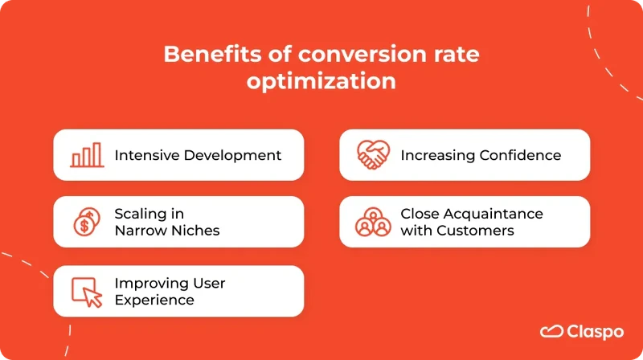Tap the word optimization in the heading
pos(321,82)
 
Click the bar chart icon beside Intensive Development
pos(87,155)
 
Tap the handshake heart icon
pos(373,155)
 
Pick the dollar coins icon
pos(87,222)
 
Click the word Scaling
pos(137,214)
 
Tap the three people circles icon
pos(373,222)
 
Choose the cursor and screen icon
pos(87,291)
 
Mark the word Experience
pos(154,300)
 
